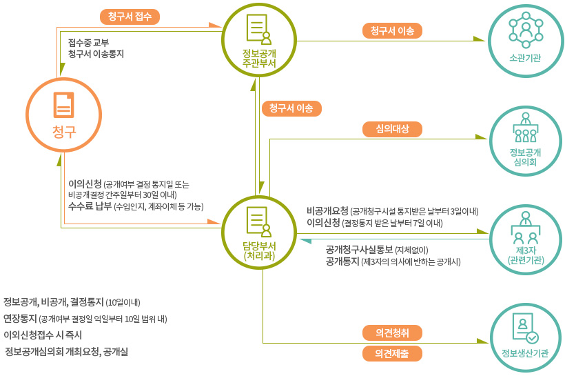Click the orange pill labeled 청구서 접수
(x=130, y=16)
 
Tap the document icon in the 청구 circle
(x=63, y=105)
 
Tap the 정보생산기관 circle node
(x=525, y=336)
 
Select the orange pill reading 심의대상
(x=392, y=128)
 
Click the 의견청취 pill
(x=392, y=333)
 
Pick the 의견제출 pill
(x=392, y=353)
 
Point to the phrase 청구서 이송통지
(x=96, y=54)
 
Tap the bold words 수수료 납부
(x=90, y=206)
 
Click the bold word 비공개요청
(x=327, y=210)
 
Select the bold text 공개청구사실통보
(x=359, y=249)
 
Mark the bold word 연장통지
(x=20, y=319)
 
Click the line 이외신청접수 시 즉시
(x=43, y=335)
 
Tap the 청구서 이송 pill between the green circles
(x=291, y=108)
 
